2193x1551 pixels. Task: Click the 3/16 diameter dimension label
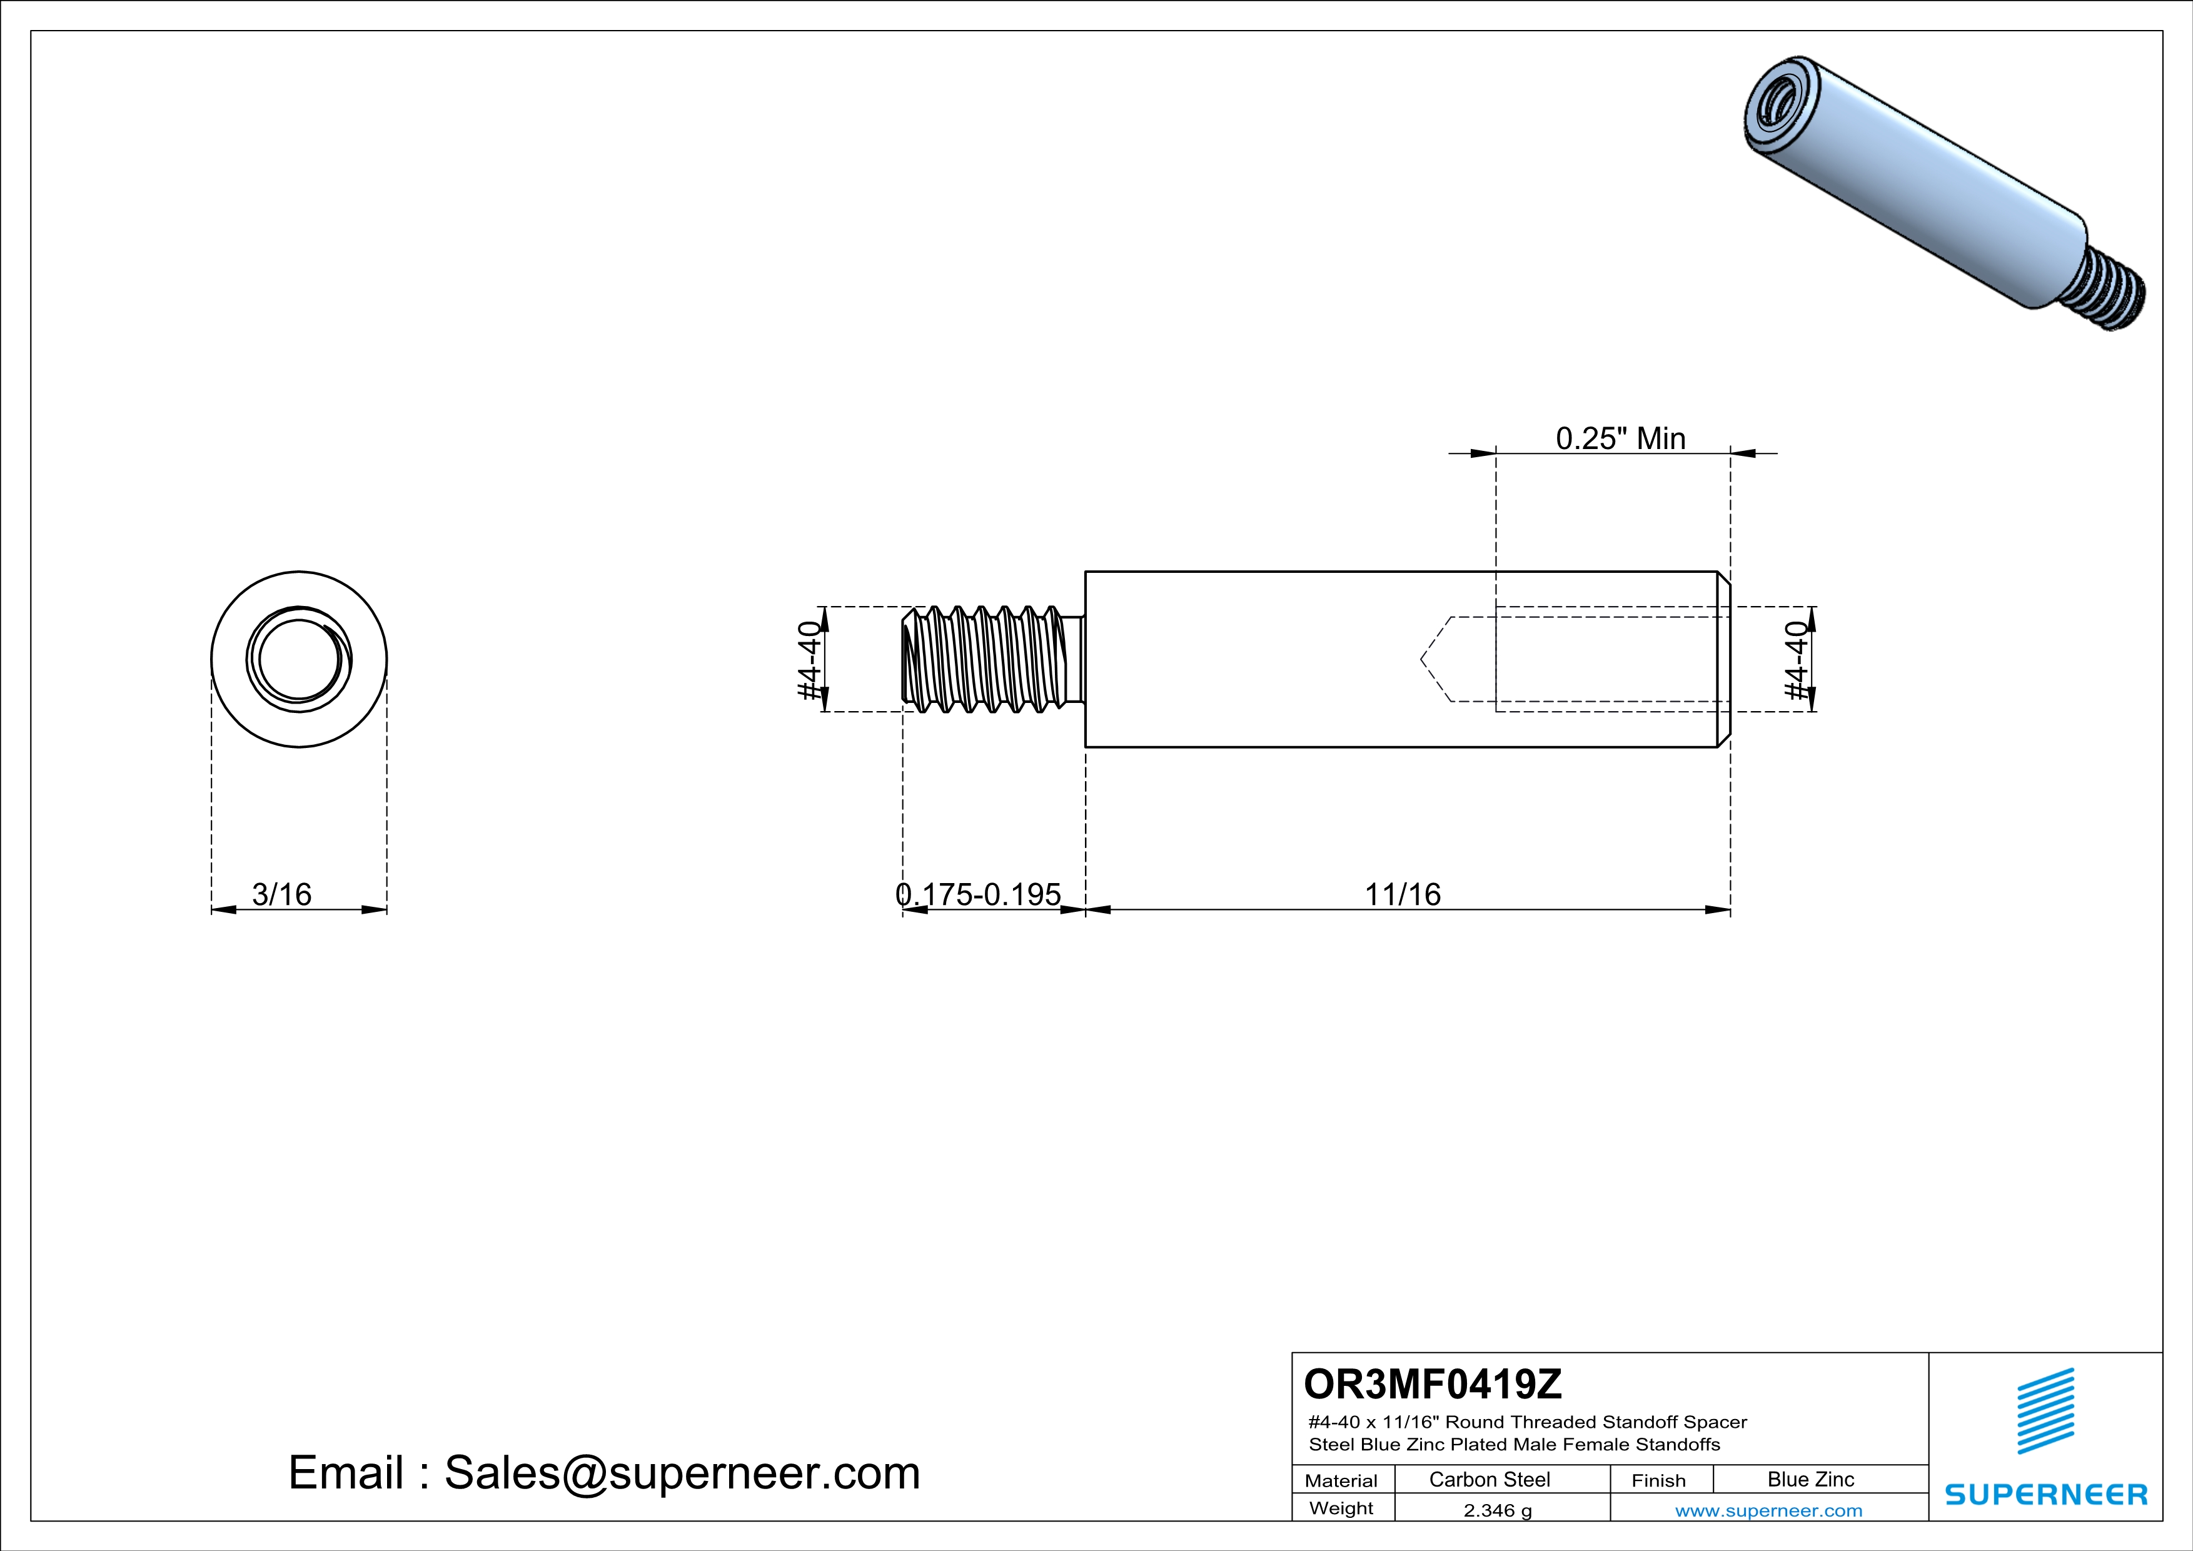(x=282, y=895)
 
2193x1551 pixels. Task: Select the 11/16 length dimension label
(x=1402, y=895)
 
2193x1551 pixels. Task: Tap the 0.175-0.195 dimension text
(x=978, y=895)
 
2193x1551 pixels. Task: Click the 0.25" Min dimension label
(x=1621, y=438)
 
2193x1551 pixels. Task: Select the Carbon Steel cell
(x=1489, y=1479)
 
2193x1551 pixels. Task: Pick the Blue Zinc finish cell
(x=1810, y=1479)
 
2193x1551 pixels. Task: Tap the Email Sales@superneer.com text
(x=603, y=1473)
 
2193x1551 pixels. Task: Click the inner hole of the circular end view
(x=299, y=660)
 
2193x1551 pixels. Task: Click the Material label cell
(x=1341, y=1480)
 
